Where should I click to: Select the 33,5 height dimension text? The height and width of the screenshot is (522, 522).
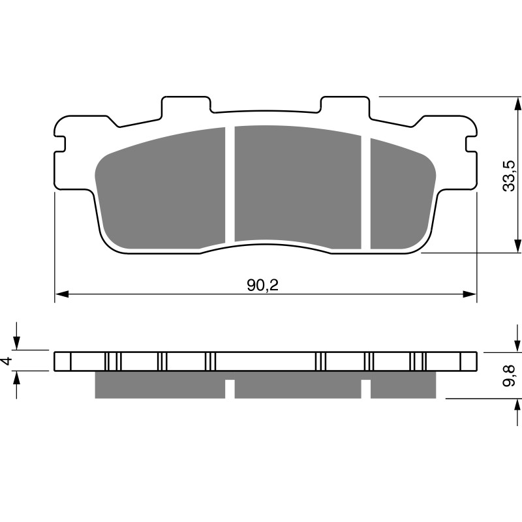pos(510,176)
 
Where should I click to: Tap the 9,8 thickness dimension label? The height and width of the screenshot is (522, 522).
pos(510,376)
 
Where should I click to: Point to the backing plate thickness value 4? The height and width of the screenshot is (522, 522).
pos(8,361)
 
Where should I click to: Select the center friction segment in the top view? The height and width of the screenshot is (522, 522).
pos(298,186)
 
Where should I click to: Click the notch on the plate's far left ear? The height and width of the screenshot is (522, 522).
pos(59,144)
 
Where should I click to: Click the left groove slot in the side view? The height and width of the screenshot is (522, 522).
pos(230,388)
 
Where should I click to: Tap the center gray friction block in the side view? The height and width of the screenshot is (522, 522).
pos(298,388)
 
